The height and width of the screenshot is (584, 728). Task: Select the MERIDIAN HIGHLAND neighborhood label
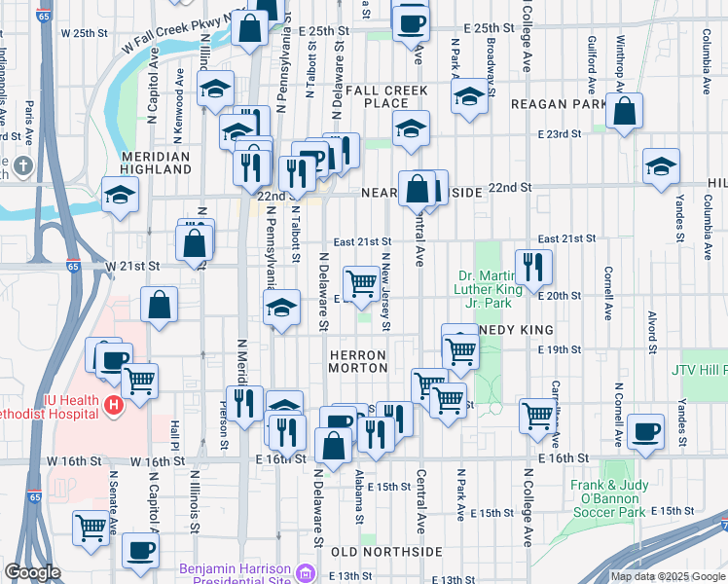click(x=156, y=163)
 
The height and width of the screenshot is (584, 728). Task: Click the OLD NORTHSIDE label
click(x=374, y=552)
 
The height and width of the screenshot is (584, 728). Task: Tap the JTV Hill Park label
click(x=699, y=370)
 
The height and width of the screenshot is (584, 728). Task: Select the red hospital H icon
click(x=114, y=405)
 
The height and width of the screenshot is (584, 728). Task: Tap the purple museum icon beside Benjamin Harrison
click(x=309, y=571)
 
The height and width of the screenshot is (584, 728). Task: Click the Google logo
click(x=32, y=572)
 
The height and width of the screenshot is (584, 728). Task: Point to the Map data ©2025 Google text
click(x=669, y=576)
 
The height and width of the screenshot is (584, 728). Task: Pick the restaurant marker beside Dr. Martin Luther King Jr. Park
click(x=533, y=267)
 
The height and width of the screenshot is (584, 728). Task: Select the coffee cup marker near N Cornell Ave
click(x=646, y=431)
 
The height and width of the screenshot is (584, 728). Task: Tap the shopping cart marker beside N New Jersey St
click(x=361, y=283)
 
